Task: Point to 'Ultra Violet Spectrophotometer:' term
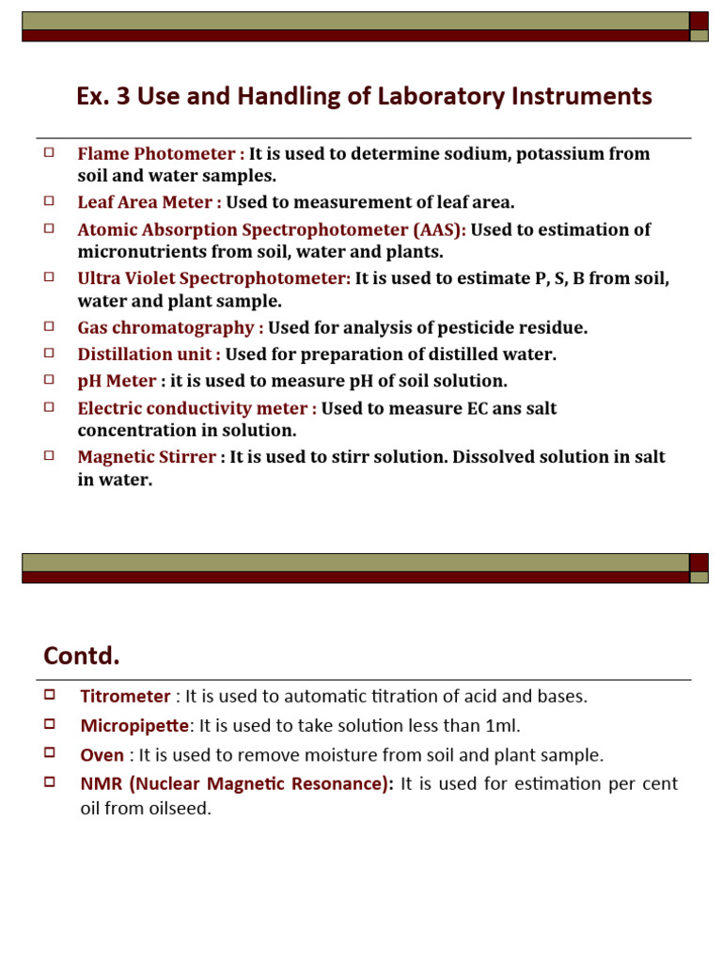click(213, 278)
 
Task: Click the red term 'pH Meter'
click(117, 381)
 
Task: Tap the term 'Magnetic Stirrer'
click(147, 457)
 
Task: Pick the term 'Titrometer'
click(125, 697)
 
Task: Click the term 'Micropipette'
click(134, 725)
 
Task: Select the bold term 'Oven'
click(102, 754)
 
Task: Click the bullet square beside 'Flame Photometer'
click(49, 150)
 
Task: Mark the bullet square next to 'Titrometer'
click(49, 695)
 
